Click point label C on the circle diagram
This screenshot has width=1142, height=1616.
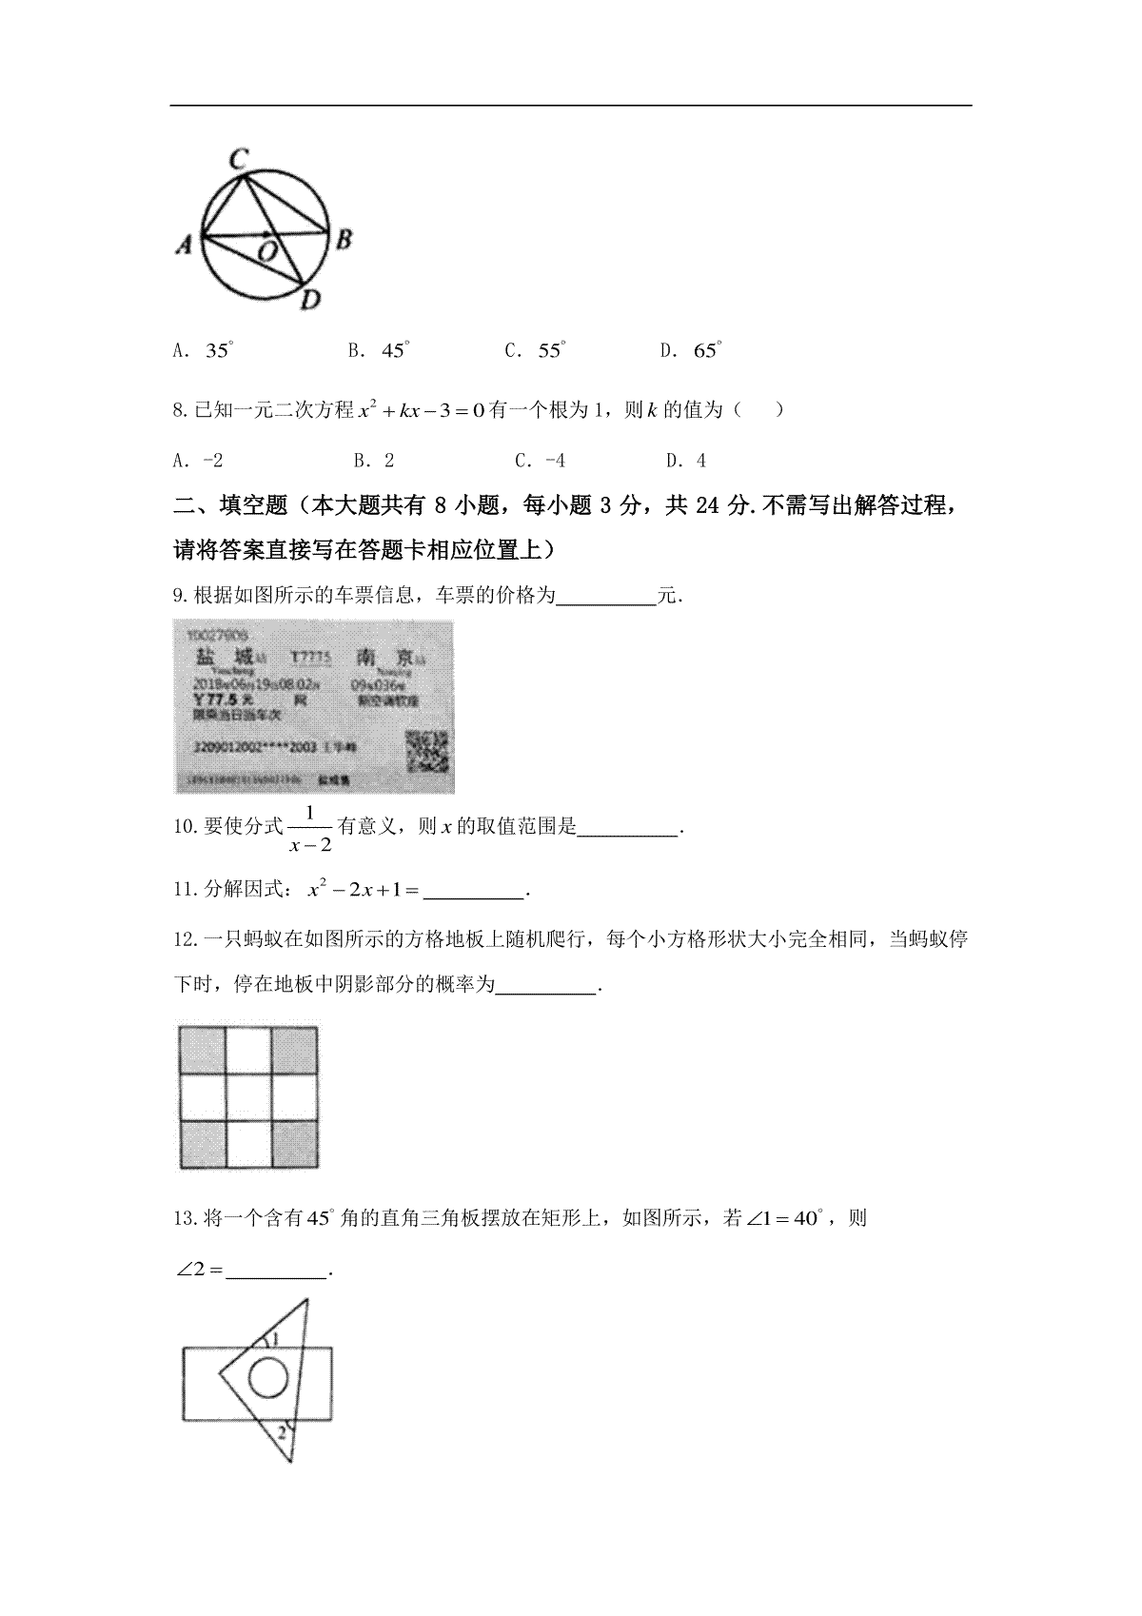coord(240,157)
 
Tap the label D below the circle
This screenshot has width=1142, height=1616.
coord(310,301)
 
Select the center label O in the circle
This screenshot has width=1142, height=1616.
coord(267,251)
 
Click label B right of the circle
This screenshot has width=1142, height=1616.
coord(344,239)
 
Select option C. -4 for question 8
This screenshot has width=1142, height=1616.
coord(540,462)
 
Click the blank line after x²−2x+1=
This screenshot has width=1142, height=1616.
coord(472,893)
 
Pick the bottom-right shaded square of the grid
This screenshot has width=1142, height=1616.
coord(295,1144)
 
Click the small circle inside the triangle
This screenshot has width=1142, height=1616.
coord(268,1377)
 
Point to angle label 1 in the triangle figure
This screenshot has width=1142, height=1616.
coord(275,1340)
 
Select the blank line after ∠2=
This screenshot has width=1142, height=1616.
coord(276,1271)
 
